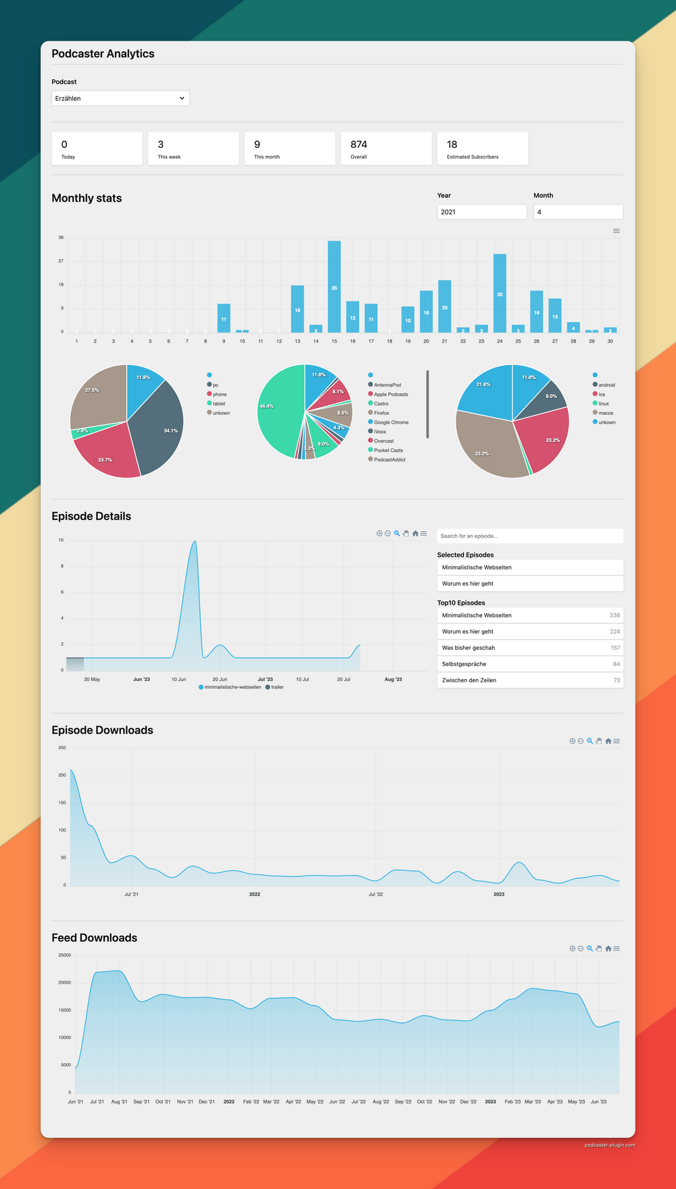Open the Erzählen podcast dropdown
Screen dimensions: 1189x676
click(x=120, y=99)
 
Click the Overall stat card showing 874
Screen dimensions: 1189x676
click(x=386, y=149)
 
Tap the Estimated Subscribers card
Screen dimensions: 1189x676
click(x=482, y=149)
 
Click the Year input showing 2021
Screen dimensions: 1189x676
click(x=481, y=212)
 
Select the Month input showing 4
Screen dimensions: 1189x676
click(x=578, y=212)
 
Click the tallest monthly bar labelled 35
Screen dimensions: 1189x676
click(x=334, y=286)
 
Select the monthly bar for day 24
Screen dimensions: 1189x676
click(x=500, y=293)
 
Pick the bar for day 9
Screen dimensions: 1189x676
click(x=224, y=318)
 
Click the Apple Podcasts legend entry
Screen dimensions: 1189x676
click(x=391, y=395)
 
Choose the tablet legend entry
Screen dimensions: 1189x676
click(x=218, y=404)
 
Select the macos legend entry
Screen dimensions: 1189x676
click(x=605, y=413)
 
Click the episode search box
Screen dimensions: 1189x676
click(x=530, y=536)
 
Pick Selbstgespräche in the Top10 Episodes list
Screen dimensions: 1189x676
click(x=464, y=664)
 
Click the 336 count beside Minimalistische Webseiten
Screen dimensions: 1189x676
click(x=614, y=615)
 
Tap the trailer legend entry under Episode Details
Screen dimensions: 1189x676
click(x=277, y=687)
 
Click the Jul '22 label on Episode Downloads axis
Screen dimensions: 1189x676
click(x=376, y=894)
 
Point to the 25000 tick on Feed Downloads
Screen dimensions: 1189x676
click(x=65, y=955)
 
